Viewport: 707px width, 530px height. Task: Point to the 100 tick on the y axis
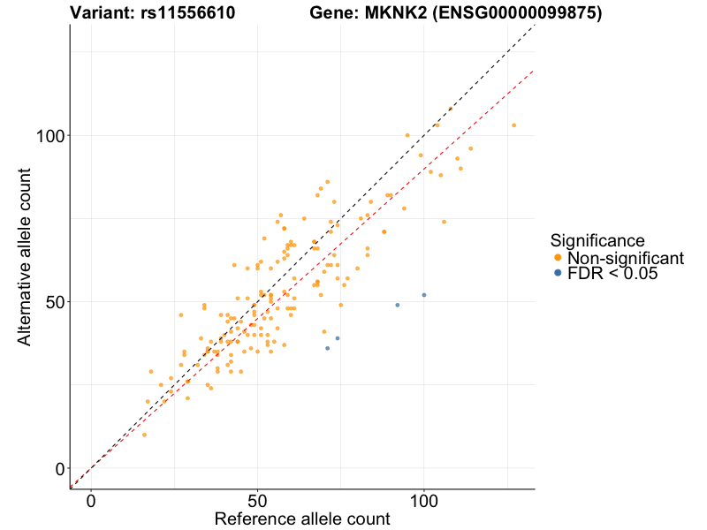click(x=52, y=136)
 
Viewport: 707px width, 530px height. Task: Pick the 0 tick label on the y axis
click(x=61, y=468)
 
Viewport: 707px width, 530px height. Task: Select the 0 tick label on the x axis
click(x=91, y=500)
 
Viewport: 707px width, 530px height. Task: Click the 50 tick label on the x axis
click(x=257, y=500)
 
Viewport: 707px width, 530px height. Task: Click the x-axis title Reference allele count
click(x=302, y=519)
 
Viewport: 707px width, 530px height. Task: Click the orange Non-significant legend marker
click(x=557, y=258)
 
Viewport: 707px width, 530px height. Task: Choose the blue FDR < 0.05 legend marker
click(x=557, y=274)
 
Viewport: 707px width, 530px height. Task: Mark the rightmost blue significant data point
click(x=424, y=295)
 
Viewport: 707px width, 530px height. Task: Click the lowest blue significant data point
click(x=327, y=348)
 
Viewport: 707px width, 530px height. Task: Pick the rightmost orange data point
click(x=513, y=125)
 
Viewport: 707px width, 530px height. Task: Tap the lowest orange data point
click(x=144, y=435)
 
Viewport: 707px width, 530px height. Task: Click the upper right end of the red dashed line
click(x=534, y=71)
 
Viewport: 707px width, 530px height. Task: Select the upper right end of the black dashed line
click(x=534, y=26)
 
